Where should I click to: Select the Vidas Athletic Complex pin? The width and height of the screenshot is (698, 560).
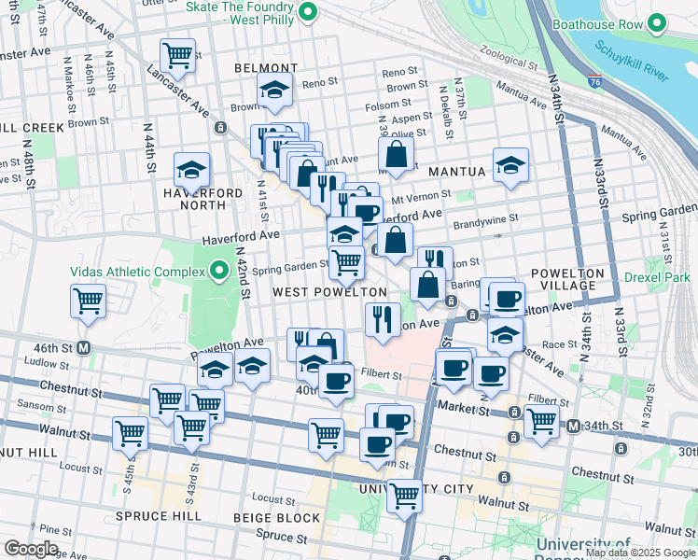point(219,272)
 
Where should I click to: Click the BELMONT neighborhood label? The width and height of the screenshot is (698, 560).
point(266,68)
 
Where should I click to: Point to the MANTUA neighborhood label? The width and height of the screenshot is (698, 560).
point(456,172)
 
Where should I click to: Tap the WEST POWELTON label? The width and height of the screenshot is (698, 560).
point(329,292)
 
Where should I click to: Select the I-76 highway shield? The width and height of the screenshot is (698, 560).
point(595,80)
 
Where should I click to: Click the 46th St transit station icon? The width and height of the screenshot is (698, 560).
point(84,348)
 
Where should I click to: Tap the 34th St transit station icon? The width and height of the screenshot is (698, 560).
point(573,427)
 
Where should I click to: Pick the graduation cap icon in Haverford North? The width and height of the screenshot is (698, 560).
point(191,170)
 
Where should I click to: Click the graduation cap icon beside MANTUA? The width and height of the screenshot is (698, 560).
point(510,165)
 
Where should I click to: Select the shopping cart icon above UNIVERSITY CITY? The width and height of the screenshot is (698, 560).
point(404,495)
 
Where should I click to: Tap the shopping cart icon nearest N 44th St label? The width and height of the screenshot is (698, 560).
point(176,54)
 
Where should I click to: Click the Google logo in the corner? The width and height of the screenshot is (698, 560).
point(32,548)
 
